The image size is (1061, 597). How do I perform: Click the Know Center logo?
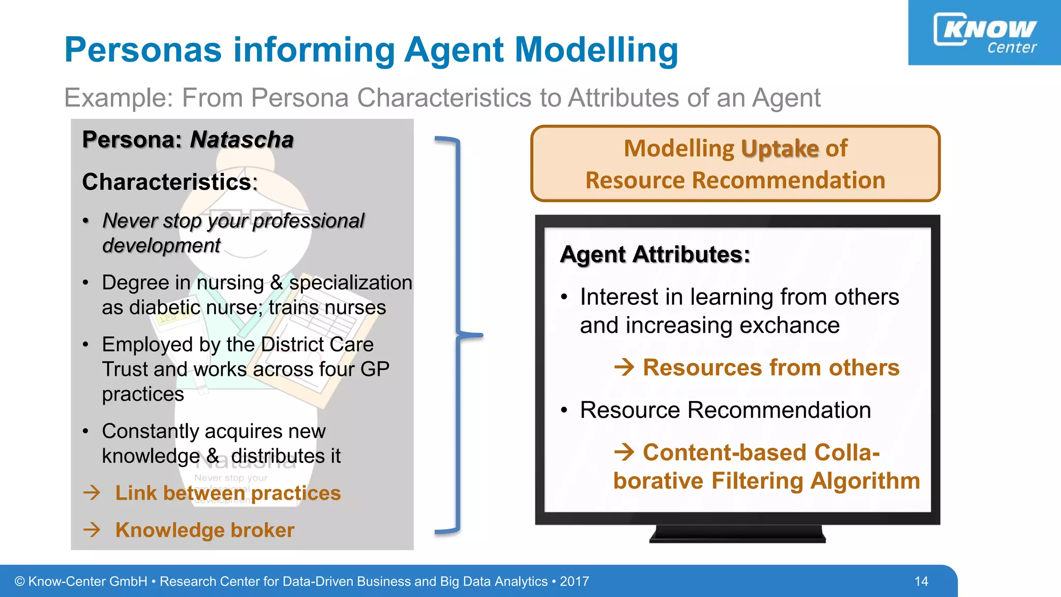coord(984,33)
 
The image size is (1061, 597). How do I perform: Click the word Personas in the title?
coord(143,50)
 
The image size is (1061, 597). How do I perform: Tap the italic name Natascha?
coord(241,140)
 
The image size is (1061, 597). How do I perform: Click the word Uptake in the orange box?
coord(780,149)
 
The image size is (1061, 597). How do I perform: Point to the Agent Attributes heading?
coord(655,254)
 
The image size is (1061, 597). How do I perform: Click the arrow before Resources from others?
coord(624,367)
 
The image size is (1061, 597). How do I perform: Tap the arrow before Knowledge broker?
coord(92,530)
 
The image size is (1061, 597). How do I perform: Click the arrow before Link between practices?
coord(92,492)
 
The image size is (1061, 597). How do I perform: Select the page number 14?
coord(921,581)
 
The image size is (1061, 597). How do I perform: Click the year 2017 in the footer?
coord(574,581)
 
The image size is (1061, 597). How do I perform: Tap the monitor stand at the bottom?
coord(737,534)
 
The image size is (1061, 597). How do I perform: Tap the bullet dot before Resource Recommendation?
coord(564,410)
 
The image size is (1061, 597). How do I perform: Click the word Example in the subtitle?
coord(118,97)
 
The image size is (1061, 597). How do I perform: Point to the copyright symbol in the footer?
coord(20,581)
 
